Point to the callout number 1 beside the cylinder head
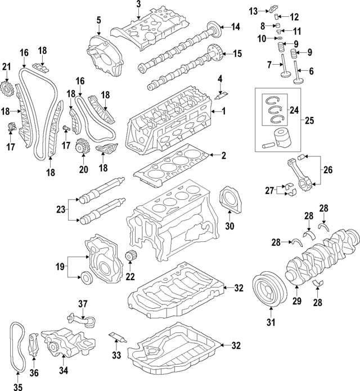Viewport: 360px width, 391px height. point(223,111)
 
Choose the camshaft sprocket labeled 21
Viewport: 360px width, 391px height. point(7,88)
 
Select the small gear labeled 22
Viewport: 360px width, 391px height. point(133,259)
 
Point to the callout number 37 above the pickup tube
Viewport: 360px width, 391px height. point(83,304)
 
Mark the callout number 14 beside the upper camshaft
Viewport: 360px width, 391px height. point(235,26)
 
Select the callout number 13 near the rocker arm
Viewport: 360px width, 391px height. point(254,11)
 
